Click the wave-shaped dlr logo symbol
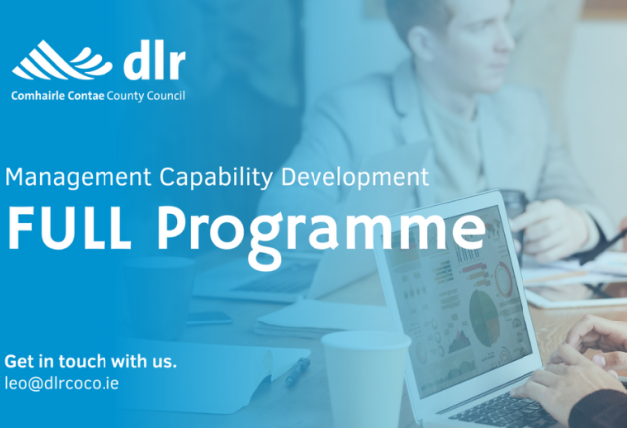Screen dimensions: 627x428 62,60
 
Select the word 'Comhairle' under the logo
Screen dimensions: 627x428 38,96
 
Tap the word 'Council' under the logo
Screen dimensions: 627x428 166,96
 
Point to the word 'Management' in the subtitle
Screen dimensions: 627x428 79,177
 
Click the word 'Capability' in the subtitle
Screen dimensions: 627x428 216,177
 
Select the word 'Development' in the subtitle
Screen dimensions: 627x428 354,177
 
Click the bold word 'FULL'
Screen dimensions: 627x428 70,228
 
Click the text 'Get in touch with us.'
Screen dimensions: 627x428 91,361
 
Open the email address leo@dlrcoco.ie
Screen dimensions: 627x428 62,383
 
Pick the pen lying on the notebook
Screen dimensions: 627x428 298,371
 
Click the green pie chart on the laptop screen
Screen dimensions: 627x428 485,319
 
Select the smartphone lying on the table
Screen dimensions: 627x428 209,318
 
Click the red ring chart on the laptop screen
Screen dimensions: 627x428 504,279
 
